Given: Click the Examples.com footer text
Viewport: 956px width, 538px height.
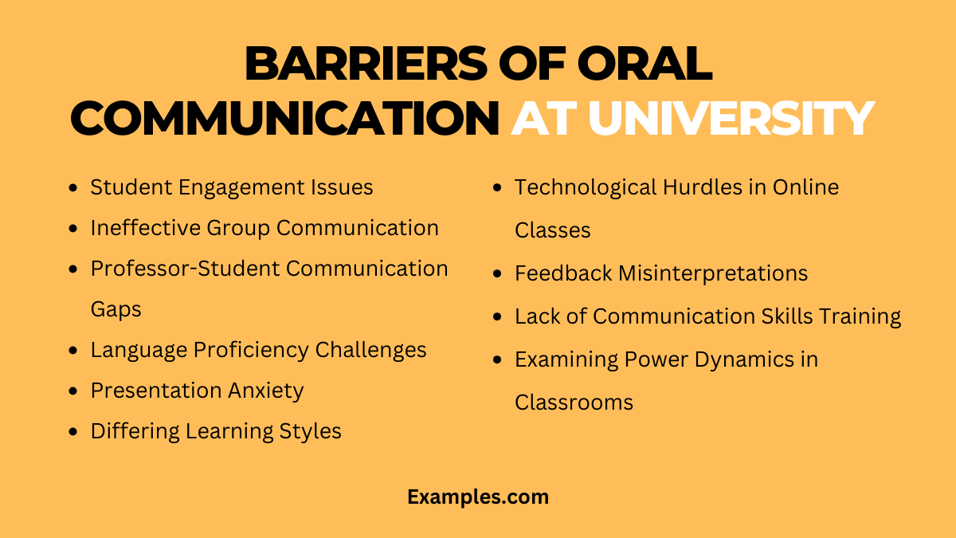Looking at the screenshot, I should (x=478, y=497).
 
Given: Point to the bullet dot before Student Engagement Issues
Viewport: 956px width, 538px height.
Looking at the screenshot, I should (x=73, y=188).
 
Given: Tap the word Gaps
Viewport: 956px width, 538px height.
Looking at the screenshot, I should (x=116, y=309).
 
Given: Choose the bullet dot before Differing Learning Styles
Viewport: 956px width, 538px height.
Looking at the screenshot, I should (x=73, y=432).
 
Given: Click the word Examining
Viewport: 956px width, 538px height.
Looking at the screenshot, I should (x=569, y=359).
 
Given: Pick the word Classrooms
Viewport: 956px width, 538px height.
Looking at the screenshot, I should (x=574, y=403).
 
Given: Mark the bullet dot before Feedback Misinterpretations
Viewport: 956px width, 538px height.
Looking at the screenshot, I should (x=498, y=274).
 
